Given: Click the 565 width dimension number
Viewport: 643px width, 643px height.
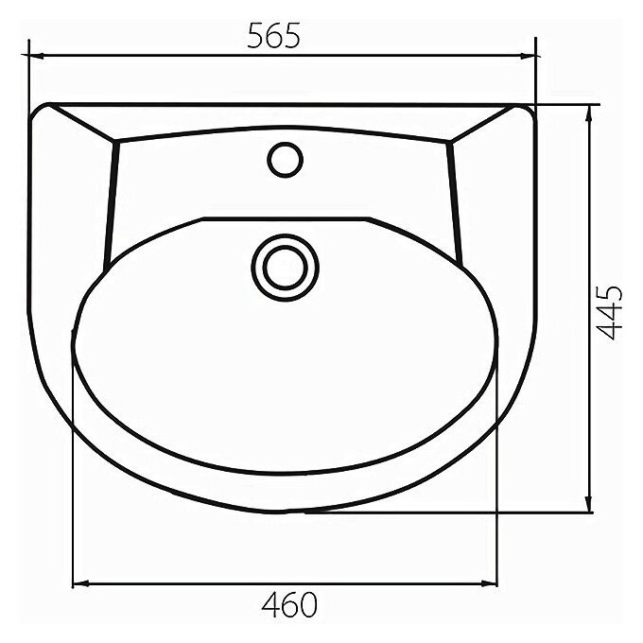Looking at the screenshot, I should point(273,35).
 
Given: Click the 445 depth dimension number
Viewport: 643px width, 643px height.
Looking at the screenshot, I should point(614,311).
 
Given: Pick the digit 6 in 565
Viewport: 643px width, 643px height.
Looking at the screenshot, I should point(273,35).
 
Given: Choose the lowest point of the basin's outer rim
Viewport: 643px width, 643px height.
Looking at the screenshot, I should point(284,512).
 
